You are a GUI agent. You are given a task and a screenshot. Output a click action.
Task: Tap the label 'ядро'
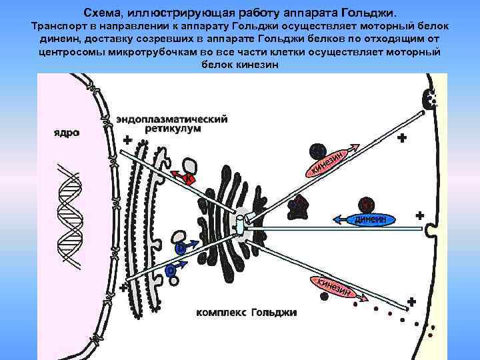pos(66,133)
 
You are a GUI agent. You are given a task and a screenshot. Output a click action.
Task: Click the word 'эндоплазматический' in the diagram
pos(172,119)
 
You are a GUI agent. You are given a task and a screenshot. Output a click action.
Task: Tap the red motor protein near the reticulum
pos(188,179)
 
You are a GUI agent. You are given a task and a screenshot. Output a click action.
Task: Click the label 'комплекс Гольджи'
pos(247,312)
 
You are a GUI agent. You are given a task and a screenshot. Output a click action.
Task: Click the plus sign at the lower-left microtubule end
pos(124,287)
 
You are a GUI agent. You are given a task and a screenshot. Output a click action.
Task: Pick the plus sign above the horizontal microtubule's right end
pos(419,216)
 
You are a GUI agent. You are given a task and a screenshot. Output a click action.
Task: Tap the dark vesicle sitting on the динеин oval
pos(365,205)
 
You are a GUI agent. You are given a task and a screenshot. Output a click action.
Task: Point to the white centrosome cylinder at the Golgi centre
pos(241,223)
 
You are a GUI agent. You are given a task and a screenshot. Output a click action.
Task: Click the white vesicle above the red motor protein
pos(189,165)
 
